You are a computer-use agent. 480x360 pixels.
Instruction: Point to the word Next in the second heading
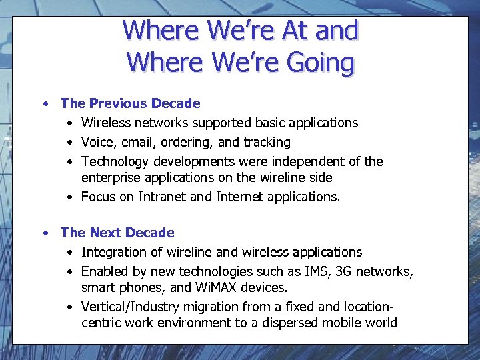(x=104, y=233)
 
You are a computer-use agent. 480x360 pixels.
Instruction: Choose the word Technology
(x=115, y=161)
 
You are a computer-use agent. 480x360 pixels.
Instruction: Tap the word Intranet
(x=163, y=197)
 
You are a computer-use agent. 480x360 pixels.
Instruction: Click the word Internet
(x=239, y=197)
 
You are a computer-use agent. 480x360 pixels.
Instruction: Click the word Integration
(x=115, y=252)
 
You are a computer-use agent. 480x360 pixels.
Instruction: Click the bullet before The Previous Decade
(x=45, y=103)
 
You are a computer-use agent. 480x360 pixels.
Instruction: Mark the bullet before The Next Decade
(x=45, y=233)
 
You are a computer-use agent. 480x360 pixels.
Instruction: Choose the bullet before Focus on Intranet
(x=70, y=197)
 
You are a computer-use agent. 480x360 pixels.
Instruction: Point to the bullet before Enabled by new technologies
(x=70, y=271)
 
